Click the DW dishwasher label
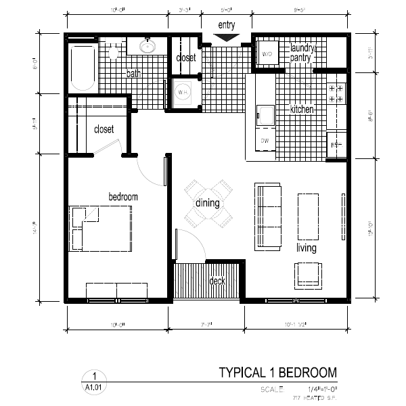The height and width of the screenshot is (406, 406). point(265,141)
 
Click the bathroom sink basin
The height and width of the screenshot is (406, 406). point(146,47)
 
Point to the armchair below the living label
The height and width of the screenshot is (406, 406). point(308,273)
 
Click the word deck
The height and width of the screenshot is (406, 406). point(217,281)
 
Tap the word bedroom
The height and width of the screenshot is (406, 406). point(123,197)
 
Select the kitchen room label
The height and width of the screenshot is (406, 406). point(302,110)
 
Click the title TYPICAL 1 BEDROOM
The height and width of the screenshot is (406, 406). point(277,373)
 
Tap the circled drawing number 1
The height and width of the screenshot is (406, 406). point(95,376)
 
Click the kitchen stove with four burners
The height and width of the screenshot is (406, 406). point(336,93)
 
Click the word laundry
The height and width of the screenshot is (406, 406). point(302,48)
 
